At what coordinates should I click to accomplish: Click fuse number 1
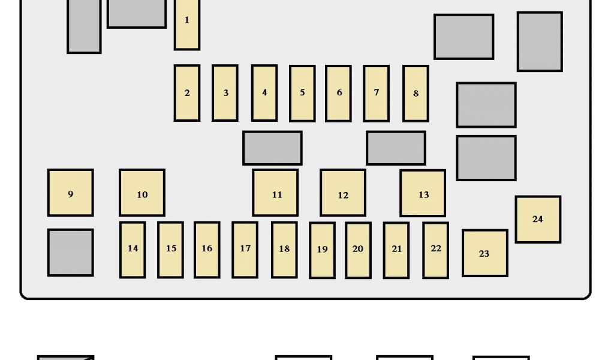tap(186, 24)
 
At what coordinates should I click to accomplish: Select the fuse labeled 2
tap(187, 93)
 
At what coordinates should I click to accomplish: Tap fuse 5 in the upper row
tap(302, 93)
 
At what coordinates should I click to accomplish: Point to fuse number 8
tap(416, 94)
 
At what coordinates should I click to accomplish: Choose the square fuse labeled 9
tap(71, 193)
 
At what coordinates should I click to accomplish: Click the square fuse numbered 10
tap(142, 193)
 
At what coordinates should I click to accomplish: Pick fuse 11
tap(275, 193)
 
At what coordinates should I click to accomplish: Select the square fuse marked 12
tap(343, 193)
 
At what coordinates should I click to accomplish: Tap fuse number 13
tap(423, 193)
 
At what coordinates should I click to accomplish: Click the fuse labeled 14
tap(133, 250)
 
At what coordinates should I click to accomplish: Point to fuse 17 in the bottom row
tap(245, 250)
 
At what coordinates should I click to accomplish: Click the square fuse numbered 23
tap(484, 253)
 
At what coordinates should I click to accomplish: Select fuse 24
tap(538, 219)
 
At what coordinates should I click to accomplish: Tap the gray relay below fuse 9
tap(71, 253)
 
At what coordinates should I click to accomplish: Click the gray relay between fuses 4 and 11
tap(272, 148)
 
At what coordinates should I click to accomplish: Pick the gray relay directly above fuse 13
tap(396, 148)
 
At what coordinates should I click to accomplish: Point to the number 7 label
tap(377, 92)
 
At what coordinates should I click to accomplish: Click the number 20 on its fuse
tap(358, 248)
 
